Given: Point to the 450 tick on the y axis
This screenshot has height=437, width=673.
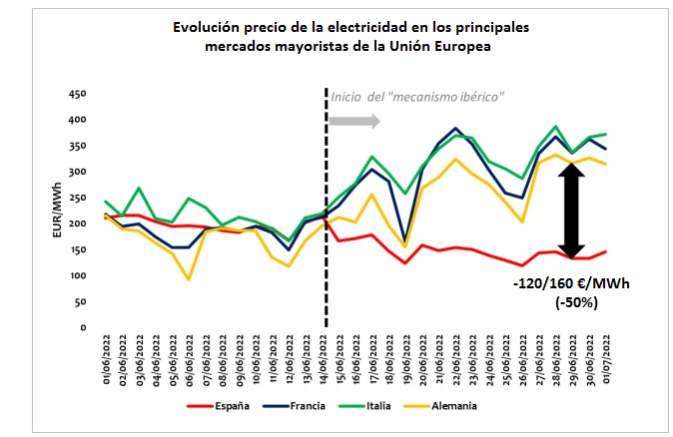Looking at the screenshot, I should coord(80,96).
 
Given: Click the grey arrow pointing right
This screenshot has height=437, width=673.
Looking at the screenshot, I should coord(354,122).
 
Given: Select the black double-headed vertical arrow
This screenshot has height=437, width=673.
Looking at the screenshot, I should coord(571,212).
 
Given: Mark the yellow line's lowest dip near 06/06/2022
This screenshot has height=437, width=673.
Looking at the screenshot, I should coord(190,279).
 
